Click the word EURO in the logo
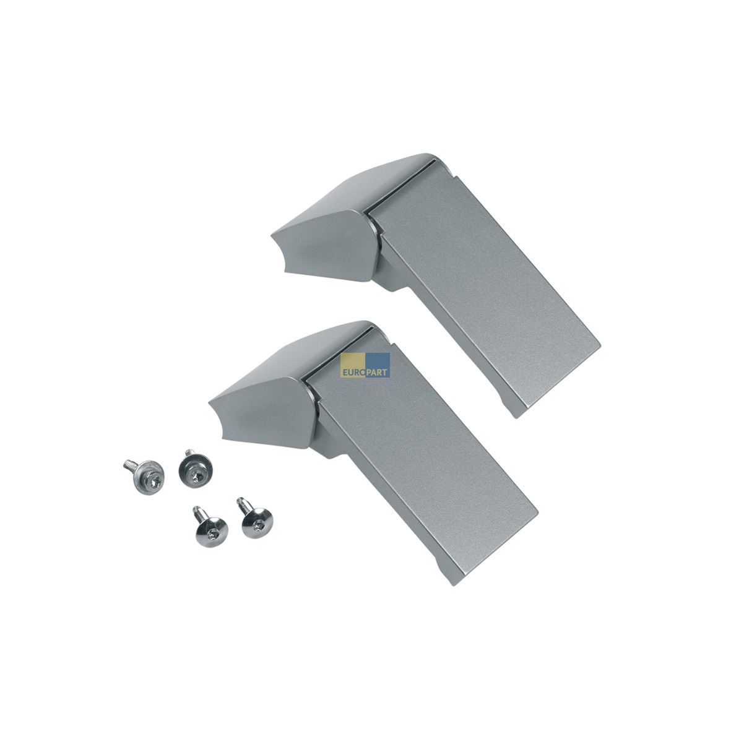coord(353,373)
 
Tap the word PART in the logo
coord(376,373)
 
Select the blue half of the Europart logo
coord(378,365)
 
